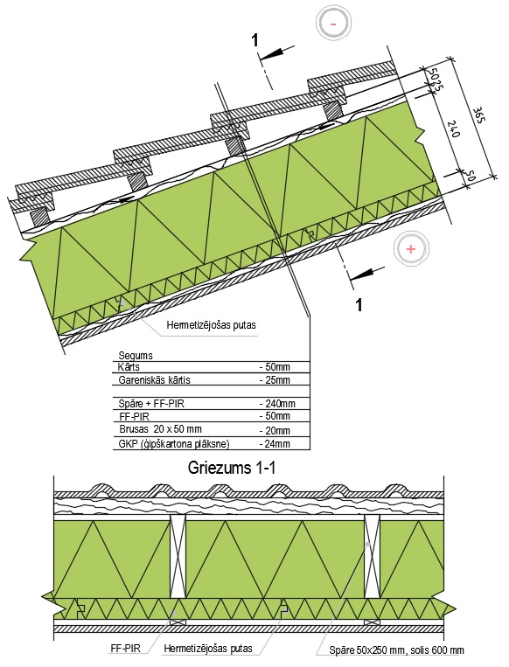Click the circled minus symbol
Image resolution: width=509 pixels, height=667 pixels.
[x=333, y=24]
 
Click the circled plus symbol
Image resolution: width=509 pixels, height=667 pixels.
[x=411, y=249]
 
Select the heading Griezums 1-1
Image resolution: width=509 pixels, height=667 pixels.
[x=232, y=469]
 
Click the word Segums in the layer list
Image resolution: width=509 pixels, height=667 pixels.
[x=136, y=355]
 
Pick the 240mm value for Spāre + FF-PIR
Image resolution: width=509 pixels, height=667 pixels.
[x=277, y=403]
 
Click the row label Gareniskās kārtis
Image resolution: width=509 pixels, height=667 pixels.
[x=154, y=380]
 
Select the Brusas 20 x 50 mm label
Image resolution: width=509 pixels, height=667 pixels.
[x=160, y=428]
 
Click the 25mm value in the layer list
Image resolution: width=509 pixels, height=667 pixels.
[x=275, y=379]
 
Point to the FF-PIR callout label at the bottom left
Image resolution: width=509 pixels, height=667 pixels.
[x=126, y=649]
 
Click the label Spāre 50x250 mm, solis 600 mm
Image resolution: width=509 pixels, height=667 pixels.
[x=397, y=650]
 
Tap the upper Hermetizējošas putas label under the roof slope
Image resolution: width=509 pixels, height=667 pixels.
[x=211, y=325]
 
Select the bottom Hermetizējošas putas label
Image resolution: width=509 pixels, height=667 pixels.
[x=208, y=649]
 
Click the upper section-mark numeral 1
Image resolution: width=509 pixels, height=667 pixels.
[x=254, y=40]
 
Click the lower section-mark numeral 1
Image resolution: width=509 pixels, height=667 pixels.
[x=359, y=304]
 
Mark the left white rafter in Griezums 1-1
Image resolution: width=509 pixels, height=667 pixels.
[x=178, y=556]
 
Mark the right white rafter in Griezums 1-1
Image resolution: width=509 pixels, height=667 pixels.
[x=372, y=556]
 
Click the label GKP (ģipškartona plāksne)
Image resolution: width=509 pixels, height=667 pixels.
[x=174, y=445]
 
